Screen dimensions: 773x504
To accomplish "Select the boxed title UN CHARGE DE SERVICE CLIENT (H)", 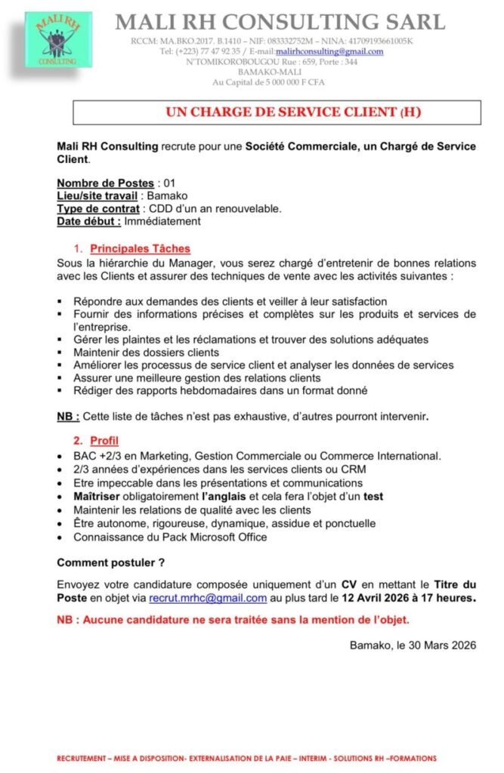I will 277,112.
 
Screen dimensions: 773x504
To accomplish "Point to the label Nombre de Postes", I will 105,183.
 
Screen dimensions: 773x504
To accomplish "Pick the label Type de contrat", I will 97,208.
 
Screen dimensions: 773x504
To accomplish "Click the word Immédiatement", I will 162,221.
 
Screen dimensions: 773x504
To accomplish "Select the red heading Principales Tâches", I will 140,248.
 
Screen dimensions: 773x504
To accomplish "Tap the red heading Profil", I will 104,440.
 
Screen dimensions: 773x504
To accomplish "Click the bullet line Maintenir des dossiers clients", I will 147,353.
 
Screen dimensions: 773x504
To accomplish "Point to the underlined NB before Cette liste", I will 66,416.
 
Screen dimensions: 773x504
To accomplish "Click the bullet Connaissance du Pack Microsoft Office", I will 170,537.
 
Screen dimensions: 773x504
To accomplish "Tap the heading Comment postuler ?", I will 111,562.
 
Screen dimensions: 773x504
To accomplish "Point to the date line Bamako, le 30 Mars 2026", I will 413,645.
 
